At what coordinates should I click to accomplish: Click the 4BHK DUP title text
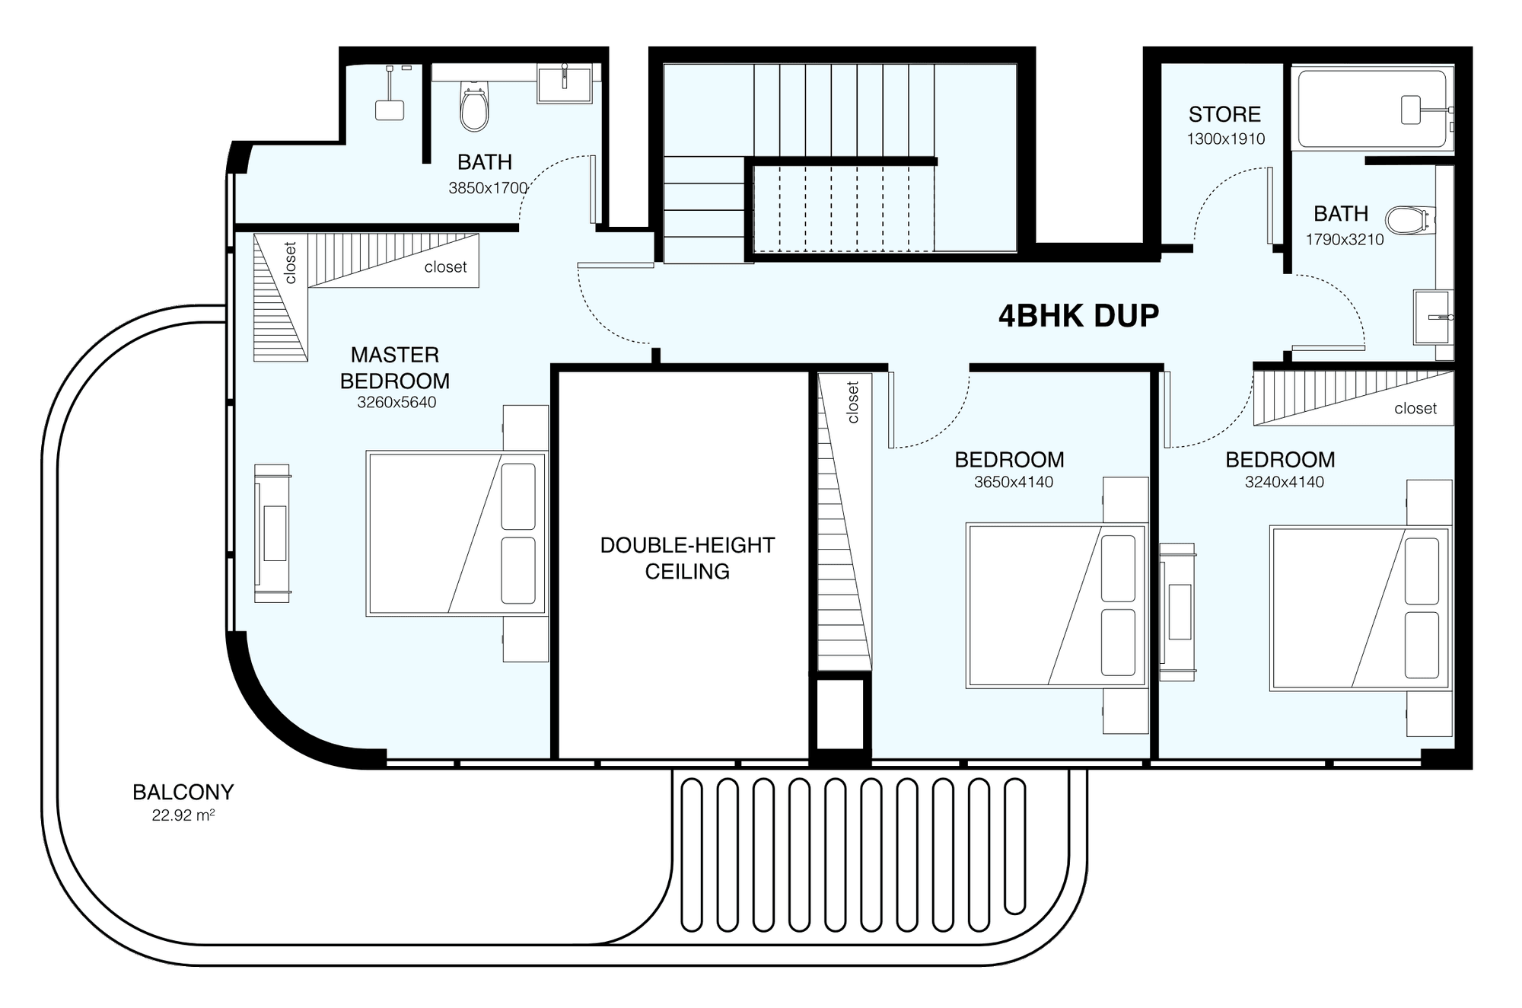click(1078, 315)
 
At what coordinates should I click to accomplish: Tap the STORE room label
click(1224, 114)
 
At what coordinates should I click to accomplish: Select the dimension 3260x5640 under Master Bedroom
click(396, 402)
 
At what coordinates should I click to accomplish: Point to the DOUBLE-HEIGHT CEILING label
click(687, 558)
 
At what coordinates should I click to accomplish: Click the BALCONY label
click(183, 792)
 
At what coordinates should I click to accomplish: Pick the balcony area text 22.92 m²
click(183, 815)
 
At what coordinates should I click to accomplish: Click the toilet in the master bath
click(474, 107)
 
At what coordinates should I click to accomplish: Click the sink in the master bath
click(564, 83)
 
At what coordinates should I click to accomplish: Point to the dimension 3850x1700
click(488, 187)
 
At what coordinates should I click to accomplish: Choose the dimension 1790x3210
click(1345, 239)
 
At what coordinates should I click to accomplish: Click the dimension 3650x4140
click(1014, 482)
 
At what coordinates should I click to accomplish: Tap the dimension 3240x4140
click(1285, 482)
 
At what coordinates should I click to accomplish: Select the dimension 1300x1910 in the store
click(1226, 139)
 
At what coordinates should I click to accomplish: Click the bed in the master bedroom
click(457, 533)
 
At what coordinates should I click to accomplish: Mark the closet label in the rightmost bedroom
click(1415, 409)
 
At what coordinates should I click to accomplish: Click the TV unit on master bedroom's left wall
click(272, 533)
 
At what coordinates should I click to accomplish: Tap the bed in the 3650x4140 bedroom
click(1056, 605)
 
